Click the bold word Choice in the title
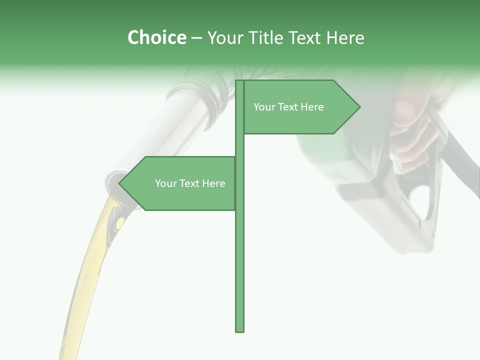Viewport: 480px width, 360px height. [156, 37]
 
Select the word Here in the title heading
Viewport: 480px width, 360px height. [345, 37]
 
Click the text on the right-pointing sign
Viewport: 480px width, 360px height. [288, 107]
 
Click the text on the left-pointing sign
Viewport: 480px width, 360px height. [190, 183]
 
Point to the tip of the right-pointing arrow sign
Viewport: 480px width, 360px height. [359, 107]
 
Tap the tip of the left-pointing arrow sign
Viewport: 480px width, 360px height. [119, 183]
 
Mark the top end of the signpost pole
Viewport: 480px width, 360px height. [239, 81]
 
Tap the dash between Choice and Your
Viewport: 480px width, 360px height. [196, 37]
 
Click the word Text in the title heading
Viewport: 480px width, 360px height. [307, 37]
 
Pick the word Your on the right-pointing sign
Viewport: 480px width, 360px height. [263, 107]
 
